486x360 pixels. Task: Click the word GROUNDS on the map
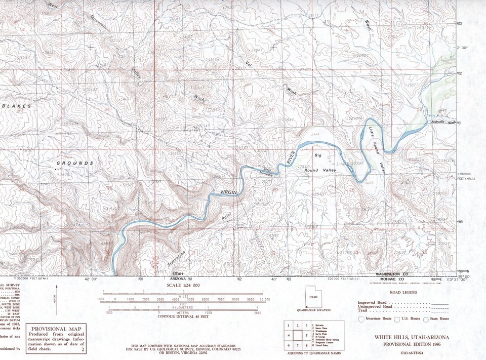pos(74,163)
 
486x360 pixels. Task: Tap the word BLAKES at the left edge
pos(16,106)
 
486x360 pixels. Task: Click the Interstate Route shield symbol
pos(360,319)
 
